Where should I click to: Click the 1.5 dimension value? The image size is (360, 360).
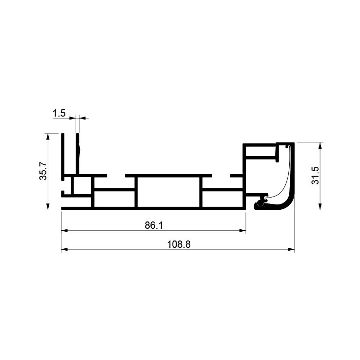point(59,113)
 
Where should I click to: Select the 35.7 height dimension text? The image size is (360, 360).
point(43,171)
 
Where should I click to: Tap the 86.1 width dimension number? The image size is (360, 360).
point(154,225)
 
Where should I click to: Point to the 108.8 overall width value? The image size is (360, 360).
point(179,244)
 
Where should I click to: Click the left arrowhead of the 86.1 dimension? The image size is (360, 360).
point(64,231)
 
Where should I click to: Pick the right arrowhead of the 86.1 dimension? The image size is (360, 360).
point(242,231)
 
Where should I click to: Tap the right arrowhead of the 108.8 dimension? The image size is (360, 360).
point(291,249)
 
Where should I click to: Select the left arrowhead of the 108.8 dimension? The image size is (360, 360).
point(64,249)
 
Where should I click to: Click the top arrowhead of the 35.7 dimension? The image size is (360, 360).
point(48,137)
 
